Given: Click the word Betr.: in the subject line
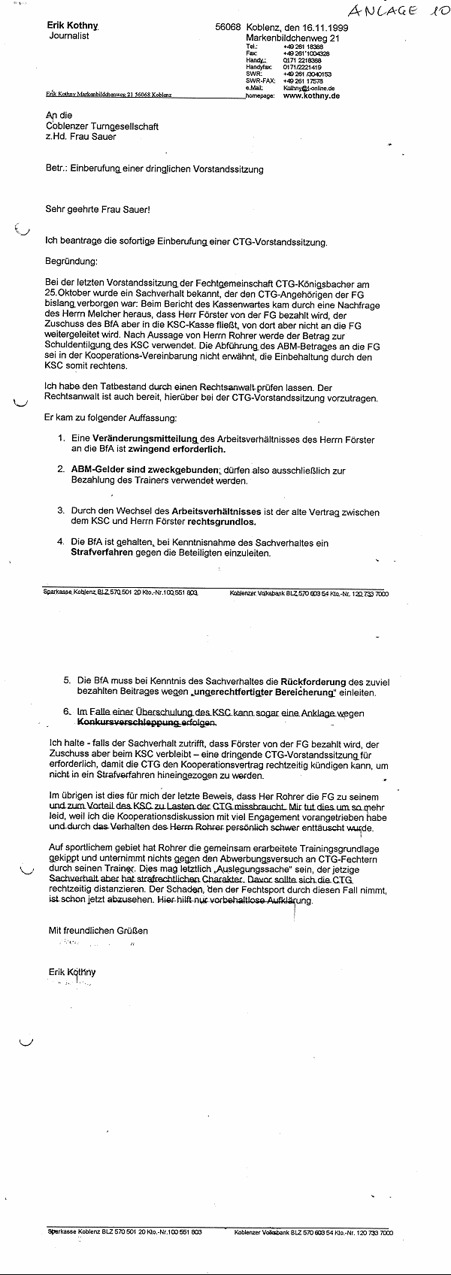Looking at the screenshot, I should point(56,170).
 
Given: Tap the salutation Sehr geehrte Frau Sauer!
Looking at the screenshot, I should point(98,209).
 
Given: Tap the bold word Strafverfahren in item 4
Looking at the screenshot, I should point(103,553).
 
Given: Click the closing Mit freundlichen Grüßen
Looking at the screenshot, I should point(98,930).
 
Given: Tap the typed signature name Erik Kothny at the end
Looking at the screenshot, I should point(72,971).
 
